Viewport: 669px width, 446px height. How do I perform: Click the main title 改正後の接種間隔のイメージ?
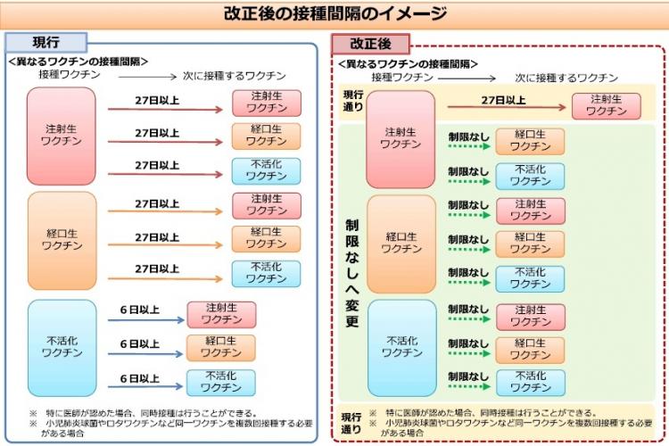point(335,13)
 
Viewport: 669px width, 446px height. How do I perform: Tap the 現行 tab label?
point(46,42)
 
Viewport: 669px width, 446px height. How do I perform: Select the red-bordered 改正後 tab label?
point(370,44)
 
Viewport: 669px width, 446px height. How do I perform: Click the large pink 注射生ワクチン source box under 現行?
point(62,136)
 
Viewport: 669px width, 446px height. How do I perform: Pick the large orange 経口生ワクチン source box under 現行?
point(62,240)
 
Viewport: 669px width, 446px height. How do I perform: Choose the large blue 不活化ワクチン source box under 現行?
point(62,348)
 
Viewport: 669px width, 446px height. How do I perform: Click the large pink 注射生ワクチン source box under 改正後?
point(401,139)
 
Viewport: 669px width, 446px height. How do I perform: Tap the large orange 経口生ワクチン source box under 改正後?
point(401,244)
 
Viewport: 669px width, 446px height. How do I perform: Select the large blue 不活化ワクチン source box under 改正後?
point(402,348)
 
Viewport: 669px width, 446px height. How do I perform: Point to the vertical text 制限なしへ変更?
point(352,273)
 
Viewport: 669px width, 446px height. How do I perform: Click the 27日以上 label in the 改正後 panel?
point(503,100)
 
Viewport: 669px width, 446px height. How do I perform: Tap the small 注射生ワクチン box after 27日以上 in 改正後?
point(607,106)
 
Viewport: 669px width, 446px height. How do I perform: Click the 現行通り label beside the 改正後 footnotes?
point(351,423)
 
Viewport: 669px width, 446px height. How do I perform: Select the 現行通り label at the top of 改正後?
point(353,100)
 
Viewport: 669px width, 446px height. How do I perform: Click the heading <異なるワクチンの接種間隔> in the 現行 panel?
point(78,62)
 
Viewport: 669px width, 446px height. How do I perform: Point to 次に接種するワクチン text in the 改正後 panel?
point(566,78)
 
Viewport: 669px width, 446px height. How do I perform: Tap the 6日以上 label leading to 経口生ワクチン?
point(139,344)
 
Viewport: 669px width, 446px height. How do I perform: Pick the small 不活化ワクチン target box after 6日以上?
point(221,383)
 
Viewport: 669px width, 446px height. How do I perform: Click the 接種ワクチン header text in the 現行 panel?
point(70,75)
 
